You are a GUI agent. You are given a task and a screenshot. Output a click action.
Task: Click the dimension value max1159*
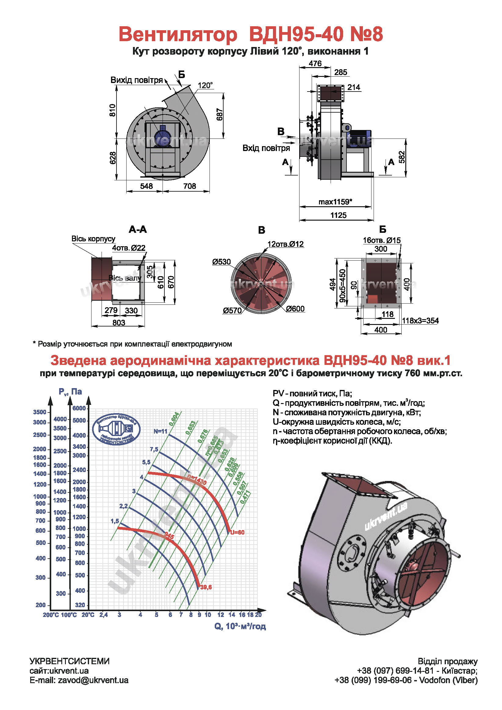[335, 202]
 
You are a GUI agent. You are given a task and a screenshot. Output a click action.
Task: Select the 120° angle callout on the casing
[205, 85]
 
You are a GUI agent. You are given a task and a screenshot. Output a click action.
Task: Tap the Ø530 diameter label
[221, 262]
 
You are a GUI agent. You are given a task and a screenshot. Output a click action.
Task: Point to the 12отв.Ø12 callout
[285, 244]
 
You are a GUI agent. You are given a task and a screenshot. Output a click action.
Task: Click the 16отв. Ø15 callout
[382, 240]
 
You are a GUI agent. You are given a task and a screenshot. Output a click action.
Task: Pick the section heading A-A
[138, 229]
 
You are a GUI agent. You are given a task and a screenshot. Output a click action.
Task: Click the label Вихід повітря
[137, 80]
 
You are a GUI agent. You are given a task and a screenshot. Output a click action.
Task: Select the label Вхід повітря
[266, 148]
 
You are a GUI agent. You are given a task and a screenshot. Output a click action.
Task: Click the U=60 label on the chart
[237, 532]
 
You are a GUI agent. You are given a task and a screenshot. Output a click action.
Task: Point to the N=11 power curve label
[160, 431]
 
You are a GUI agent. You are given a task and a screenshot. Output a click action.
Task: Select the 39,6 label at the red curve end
[206, 587]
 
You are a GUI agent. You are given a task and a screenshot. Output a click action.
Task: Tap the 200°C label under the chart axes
[51, 615]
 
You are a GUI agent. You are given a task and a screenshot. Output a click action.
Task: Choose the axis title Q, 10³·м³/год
[240, 626]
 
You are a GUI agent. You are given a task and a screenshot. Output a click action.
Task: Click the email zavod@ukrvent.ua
[93, 680]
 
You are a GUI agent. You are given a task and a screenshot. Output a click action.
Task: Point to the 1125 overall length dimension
[338, 215]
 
